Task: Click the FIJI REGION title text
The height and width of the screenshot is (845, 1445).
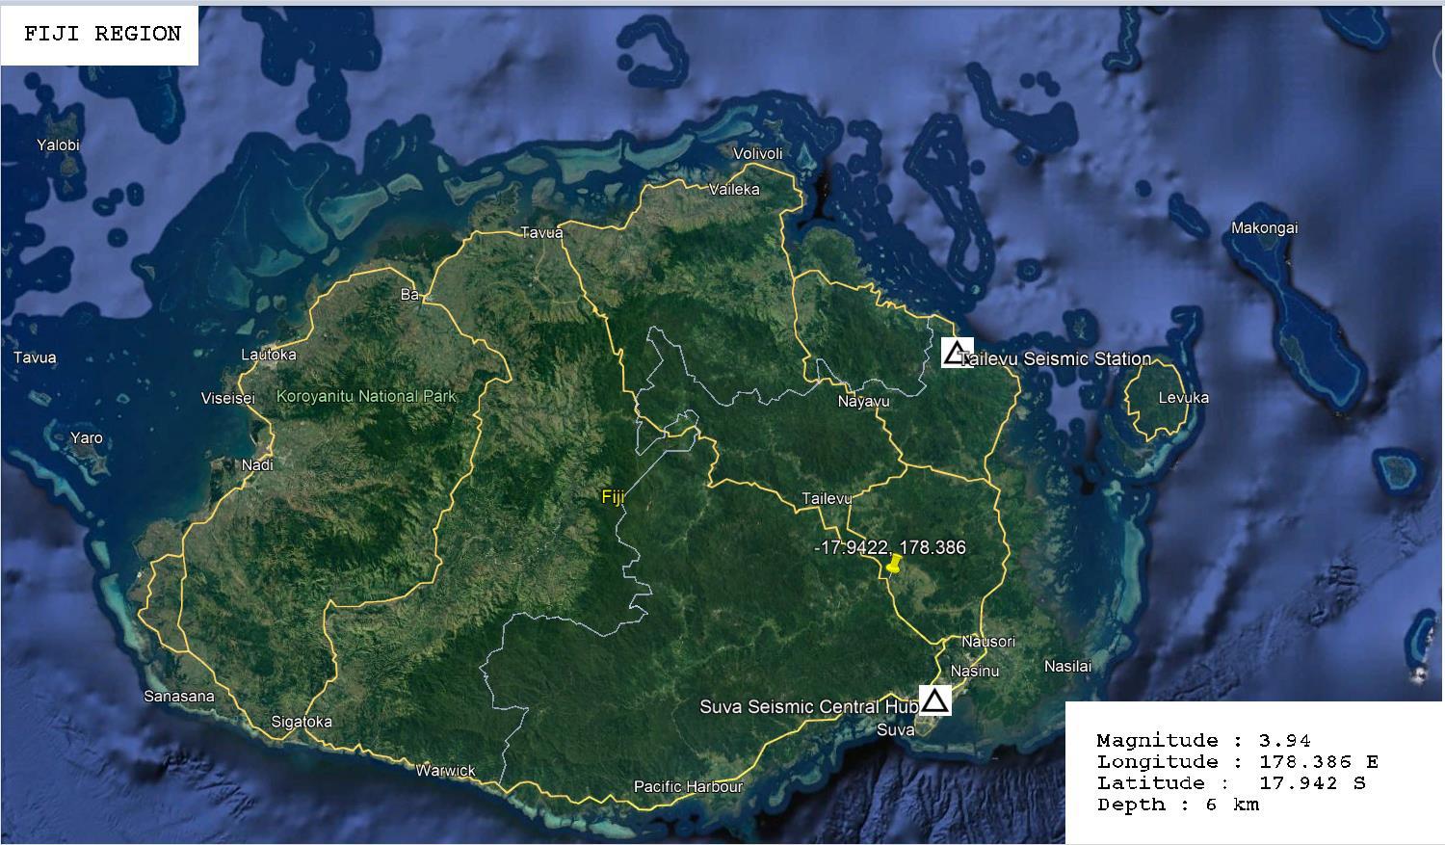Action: [102, 34]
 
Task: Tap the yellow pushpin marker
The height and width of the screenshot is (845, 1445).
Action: [894, 565]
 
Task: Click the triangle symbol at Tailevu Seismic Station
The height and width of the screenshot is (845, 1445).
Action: [956, 353]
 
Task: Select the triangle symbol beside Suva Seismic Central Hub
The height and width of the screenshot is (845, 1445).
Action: [934, 700]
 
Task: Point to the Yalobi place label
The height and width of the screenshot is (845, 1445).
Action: [58, 145]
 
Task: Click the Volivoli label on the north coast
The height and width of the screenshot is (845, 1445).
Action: [758, 154]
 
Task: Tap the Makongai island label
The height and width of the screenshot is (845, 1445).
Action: [1264, 228]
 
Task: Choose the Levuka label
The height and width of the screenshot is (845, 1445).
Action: [1183, 397]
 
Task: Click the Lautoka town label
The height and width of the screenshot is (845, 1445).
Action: [269, 355]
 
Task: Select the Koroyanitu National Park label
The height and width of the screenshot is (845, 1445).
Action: [366, 396]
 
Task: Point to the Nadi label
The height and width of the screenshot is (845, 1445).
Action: [257, 464]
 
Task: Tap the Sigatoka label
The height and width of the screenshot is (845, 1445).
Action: [302, 722]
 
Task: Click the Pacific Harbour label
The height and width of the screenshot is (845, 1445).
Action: [688, 786]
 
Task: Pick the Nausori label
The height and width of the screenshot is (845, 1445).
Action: [988, 642]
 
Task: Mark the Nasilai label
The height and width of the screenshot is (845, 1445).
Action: [1068, 666]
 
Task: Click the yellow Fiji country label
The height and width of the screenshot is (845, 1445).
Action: [613, 497]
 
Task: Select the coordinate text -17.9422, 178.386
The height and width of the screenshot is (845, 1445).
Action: [889, 547]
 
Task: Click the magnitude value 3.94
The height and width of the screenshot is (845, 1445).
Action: [1284, 741]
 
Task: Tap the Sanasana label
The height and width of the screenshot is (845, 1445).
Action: [179, 696]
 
